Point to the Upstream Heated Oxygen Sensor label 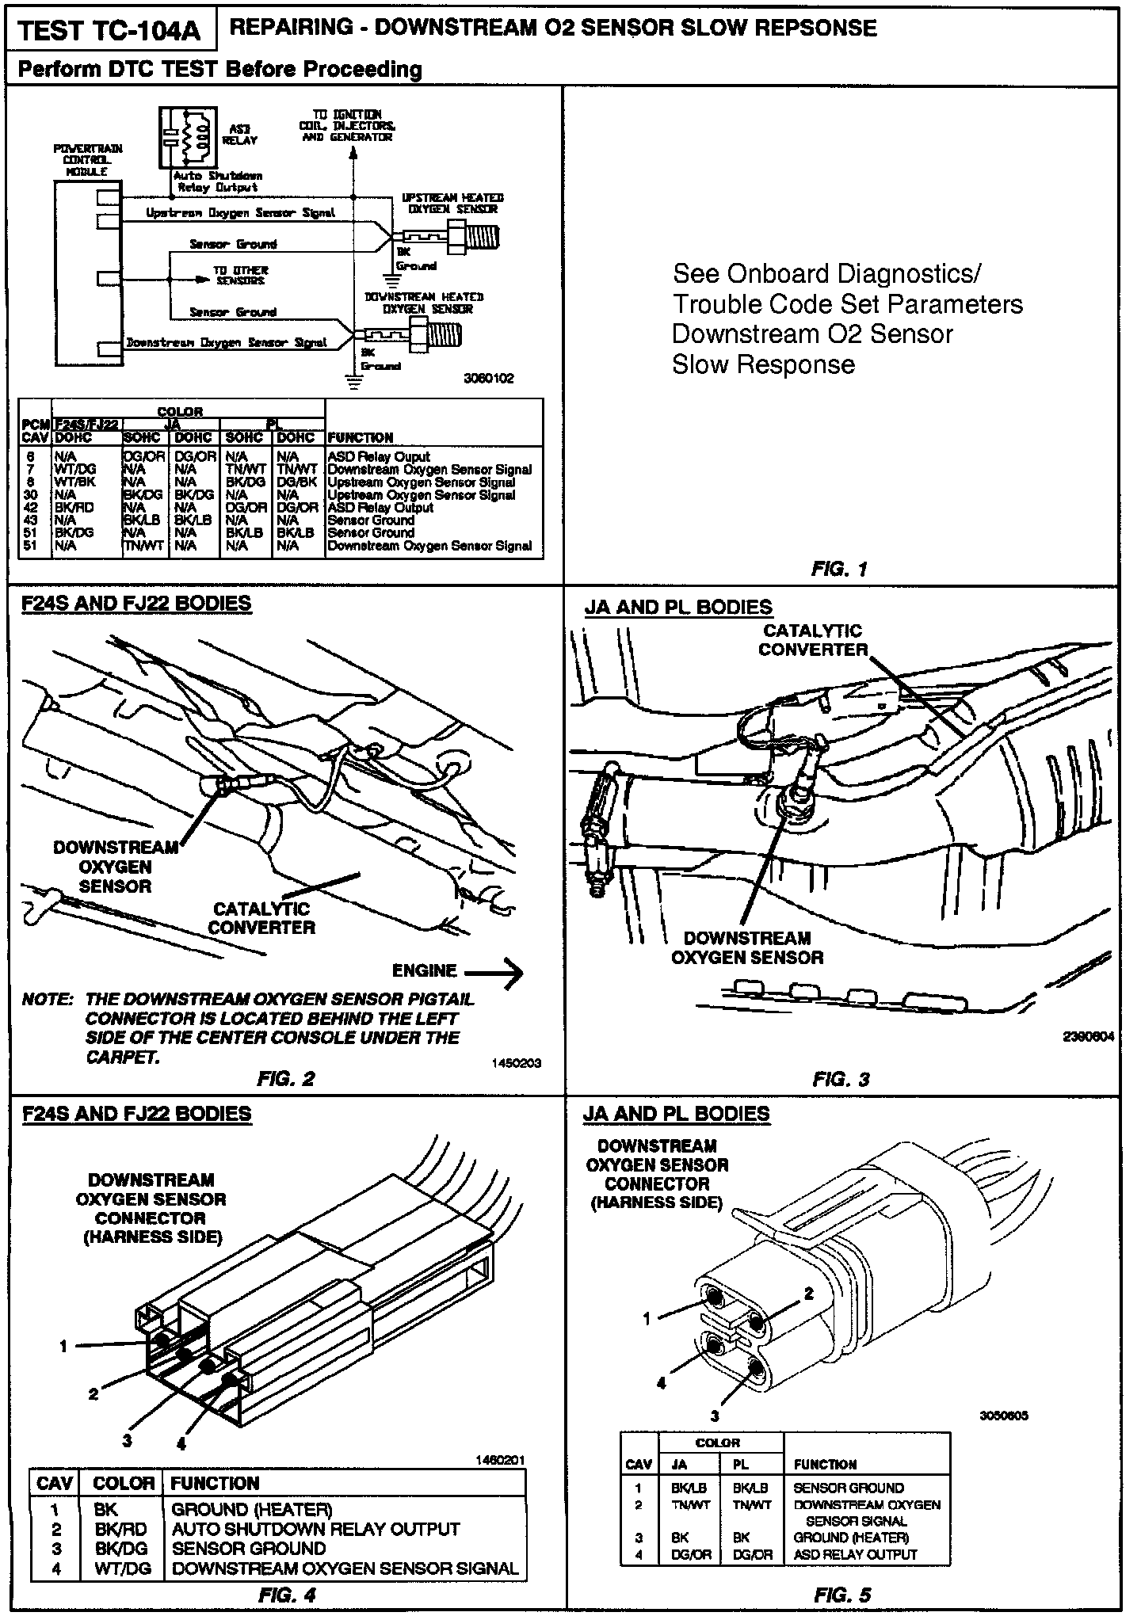452,203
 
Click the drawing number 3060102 488,379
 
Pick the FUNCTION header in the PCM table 361,437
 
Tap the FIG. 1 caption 840,568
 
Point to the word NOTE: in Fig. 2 48,1000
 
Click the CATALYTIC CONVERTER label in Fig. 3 812,640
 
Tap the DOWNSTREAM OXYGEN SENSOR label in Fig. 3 746,947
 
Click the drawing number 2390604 1086,1036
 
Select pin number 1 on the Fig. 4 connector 63,1345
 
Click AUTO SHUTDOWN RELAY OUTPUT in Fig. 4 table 315,1529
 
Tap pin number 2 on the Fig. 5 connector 809,1293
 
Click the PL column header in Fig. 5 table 740,1465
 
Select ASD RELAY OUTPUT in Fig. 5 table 855,1555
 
